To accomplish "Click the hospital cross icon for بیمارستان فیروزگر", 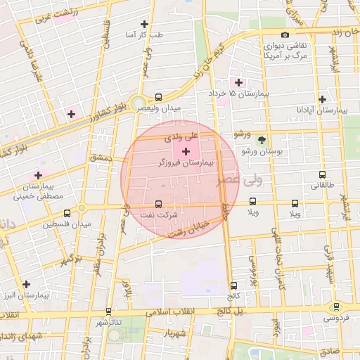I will pyautogui.click(x=186, y=152).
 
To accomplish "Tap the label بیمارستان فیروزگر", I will pyautogui.click(x=186, y=163).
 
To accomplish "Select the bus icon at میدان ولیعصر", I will pyautogui.click(x=157, y=98).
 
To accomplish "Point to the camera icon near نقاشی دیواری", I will pyautogui.click(x=285, y=35).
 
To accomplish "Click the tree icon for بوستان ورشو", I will pyautogui.click(x=262, y=140).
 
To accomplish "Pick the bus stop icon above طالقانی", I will pyautogui.click(x=322, y=174).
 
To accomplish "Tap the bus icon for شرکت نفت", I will pyautogui.click(x=157, y=205).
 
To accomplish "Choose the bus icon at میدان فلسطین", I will pyautogui.click(x=67, y=213).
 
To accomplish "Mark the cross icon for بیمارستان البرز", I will pyautogui.click(x=27, y=284).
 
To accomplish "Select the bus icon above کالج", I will pyautogui.click(x=234, y=285).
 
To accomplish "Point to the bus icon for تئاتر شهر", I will pyautogui.click(x=108, y=310).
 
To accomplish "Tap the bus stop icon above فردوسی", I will pyautogui.click(x=336, y=307).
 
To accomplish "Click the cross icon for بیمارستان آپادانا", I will pyautogui.click(x=322, y=99).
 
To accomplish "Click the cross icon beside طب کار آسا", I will pyautogui.click(x=145, y=24).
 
